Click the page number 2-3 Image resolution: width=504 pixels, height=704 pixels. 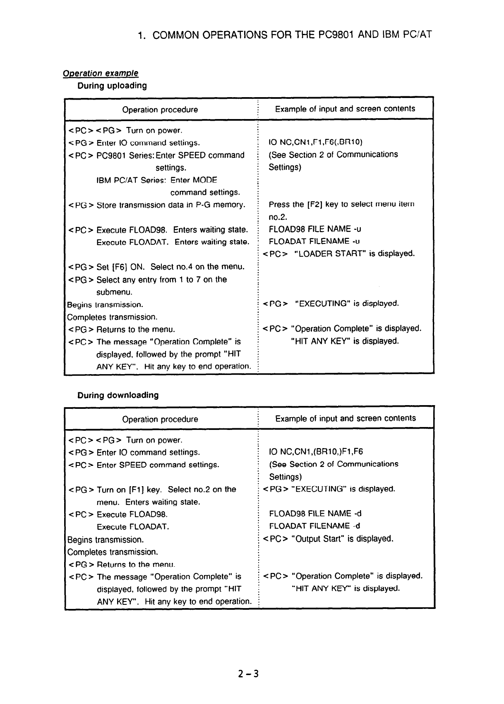(x=248, y=674)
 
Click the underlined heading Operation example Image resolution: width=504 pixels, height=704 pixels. (x=100, y=73)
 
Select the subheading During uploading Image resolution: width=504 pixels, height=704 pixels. (x=112, y=86)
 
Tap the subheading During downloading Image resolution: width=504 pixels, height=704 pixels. (x=118, y=395)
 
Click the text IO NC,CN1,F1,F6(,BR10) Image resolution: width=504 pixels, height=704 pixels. (x=315, y=142)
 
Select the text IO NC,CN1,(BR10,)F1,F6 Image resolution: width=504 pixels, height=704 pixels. (x=316, y=452)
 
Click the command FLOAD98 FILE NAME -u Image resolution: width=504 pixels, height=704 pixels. (x=316, y=229)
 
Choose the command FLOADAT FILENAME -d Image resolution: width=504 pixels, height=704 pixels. (x=314, y=526)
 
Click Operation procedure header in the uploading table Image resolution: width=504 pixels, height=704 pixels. (x=160, y=110)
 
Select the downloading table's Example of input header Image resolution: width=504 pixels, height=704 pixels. (x=345, y=418)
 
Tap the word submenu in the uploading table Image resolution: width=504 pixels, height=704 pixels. (x=114, y=292)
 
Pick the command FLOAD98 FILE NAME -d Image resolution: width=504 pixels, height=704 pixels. (x=315, y=513)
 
